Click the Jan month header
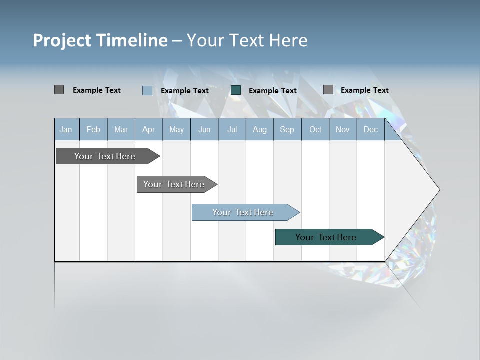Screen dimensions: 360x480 66,129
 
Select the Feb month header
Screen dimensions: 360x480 93,129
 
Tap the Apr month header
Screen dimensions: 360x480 148,129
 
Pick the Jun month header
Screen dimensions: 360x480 204,129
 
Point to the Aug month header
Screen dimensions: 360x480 259,129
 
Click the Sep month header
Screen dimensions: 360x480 287,129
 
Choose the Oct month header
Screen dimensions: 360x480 315,129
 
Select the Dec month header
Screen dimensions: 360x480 370,129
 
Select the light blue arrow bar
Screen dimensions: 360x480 243,212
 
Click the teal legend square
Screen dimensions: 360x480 236,90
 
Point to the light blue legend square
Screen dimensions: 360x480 147,90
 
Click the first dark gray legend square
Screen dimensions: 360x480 59,90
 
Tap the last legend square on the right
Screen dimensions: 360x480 328,90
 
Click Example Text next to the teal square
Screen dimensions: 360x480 272,91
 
